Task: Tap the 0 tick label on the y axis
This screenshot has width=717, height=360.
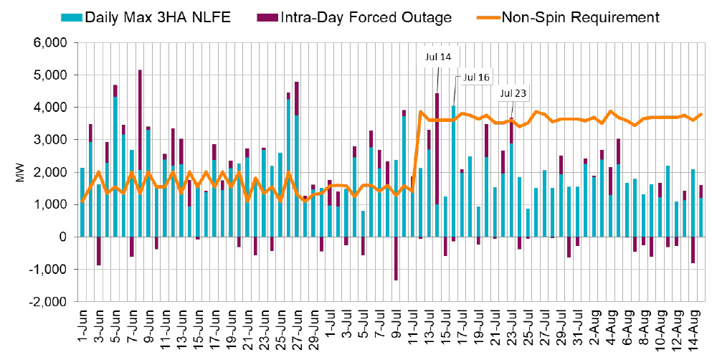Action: click(64, 237)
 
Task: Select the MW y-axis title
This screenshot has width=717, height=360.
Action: click(19, 172)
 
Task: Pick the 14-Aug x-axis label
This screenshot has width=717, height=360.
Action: click(692, 326)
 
